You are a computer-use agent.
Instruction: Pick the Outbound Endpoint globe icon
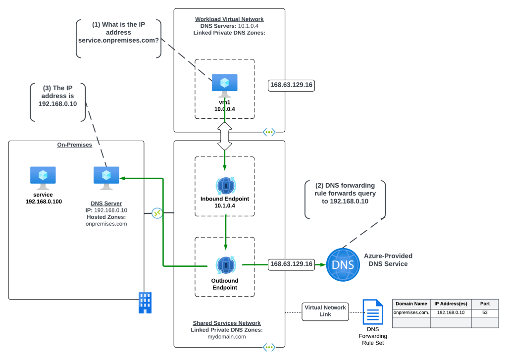(226, 265)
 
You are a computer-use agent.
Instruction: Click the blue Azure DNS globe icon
(343, 265)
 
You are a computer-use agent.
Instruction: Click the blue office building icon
(145, 302)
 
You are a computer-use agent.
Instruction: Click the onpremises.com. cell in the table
(411, 312)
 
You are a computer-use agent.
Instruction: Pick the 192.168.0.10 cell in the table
(450, 312)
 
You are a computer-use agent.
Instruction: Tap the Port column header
(484, 304)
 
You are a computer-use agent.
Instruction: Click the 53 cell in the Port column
(484, 312)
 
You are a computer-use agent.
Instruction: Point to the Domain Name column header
(411, 304)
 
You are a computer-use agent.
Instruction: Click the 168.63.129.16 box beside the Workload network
(291, 85)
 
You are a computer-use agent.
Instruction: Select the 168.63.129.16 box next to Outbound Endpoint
(291, 264)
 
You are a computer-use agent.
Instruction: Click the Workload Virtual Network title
(229, 19)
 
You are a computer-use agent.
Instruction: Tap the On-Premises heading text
(76, 145)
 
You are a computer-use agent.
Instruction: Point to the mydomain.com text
(227, 336)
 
